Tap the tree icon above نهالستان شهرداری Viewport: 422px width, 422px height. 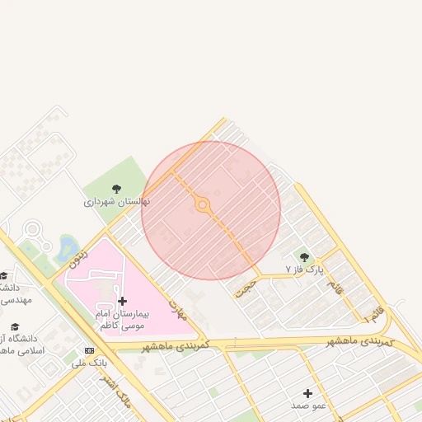pos(116,189)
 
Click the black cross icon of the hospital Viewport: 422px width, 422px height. pos(123,302)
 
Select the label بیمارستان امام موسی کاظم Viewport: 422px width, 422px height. pos(123,321)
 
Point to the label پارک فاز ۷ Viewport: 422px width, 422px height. pos(305,270)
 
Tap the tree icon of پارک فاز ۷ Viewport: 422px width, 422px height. pos(305,257)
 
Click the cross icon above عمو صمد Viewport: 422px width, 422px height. pos(308,393)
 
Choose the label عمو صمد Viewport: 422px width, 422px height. pos(308,406)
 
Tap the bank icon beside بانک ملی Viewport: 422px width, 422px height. pos(89,350)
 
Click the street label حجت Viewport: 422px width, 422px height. pos(246,286)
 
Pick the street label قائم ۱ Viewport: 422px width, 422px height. pos(374,314)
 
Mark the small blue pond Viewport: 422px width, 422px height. pos(68,246)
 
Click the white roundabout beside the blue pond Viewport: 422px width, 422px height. pos(32,229)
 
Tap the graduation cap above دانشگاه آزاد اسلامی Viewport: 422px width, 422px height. pos(14,326)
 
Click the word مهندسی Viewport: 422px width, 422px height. pos(16,300)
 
